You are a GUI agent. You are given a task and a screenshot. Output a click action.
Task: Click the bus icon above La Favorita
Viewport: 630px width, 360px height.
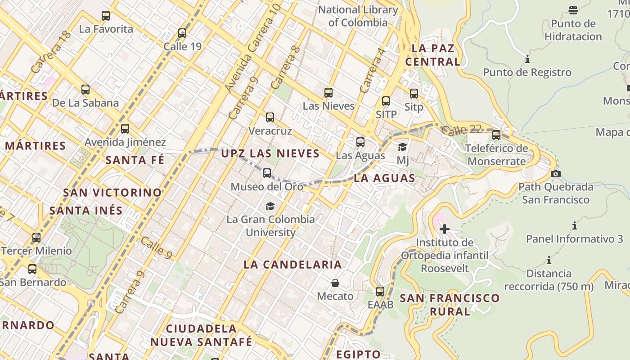106,16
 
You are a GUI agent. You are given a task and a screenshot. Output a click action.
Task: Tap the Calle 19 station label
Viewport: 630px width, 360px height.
182,46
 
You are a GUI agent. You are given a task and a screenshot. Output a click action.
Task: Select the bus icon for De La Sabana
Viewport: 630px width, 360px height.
85,89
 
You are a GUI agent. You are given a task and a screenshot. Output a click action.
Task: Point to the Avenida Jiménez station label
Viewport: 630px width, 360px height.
125,142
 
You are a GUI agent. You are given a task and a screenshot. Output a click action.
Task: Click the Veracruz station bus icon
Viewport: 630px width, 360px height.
270,117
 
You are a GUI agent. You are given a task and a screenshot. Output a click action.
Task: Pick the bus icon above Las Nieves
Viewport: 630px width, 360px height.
328,93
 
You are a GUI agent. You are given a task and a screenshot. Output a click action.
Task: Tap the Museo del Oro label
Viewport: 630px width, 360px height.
267,186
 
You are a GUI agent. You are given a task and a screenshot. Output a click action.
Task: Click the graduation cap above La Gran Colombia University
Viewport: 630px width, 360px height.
270,206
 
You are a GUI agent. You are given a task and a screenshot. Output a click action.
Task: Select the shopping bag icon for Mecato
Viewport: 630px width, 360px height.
335,283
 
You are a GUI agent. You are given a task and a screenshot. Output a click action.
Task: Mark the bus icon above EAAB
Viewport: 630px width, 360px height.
380,291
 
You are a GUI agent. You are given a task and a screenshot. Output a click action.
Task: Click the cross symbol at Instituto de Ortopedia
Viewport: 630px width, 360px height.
445,229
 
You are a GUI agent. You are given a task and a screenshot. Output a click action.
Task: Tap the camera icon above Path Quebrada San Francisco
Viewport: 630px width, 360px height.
556,174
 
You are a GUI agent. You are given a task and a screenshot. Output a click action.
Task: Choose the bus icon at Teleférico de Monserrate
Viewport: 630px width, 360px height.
496,135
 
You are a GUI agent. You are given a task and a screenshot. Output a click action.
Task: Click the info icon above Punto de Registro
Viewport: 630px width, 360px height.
527,59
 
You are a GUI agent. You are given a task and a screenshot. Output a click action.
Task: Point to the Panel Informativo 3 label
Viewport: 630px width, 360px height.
575,238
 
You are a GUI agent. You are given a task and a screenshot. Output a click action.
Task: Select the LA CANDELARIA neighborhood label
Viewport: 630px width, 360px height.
292,265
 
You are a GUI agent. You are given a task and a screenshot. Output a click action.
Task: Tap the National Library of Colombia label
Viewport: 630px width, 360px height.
358,16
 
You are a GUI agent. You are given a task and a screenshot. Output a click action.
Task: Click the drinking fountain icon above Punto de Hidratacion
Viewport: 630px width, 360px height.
573,10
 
